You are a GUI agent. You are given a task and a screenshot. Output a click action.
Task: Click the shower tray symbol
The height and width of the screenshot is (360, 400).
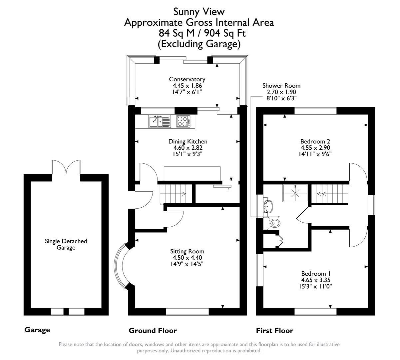click(x=295, y=193)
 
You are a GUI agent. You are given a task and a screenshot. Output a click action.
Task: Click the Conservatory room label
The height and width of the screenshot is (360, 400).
click(x=187, y=79)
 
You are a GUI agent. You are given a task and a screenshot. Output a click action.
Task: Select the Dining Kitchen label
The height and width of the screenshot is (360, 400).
click(x=188, y=142)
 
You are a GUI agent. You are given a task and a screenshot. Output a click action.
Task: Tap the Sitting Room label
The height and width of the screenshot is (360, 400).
click(x=187, y=251)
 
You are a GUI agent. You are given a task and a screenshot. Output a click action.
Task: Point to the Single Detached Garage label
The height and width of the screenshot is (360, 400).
click(x=66, y=244)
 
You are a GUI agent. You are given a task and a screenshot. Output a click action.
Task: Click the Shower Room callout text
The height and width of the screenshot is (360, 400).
click(x=281, y=86)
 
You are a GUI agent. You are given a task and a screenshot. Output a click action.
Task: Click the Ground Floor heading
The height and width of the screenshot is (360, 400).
click(x=153, y=331)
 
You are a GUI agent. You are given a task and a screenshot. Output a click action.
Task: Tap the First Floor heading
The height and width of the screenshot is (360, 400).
click(x=274, y=331)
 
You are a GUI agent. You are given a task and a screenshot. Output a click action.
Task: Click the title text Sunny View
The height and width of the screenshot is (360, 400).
click(x=199, y=12)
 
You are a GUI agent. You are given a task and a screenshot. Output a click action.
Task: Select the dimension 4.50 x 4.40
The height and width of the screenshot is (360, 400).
click(x=187, y=258)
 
